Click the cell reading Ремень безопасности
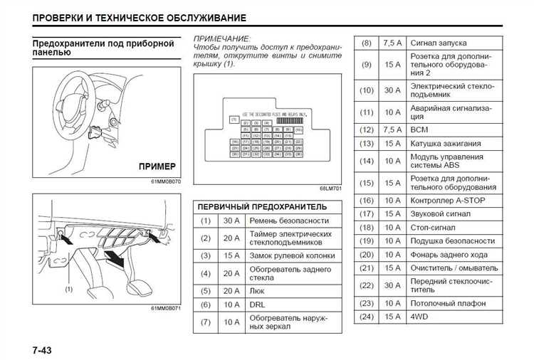pyautogui.click(x=289, y=221)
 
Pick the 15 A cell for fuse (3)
pyautogui.click(x=231, y=255)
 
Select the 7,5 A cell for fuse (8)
pyautogui.click(x=392, y=43)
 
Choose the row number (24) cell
pyautogui.click(x=366, y=316)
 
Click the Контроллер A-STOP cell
pyautogui.click(x=448, y=201)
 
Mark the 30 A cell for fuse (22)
pyautogui.click(x=392, y=285)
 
